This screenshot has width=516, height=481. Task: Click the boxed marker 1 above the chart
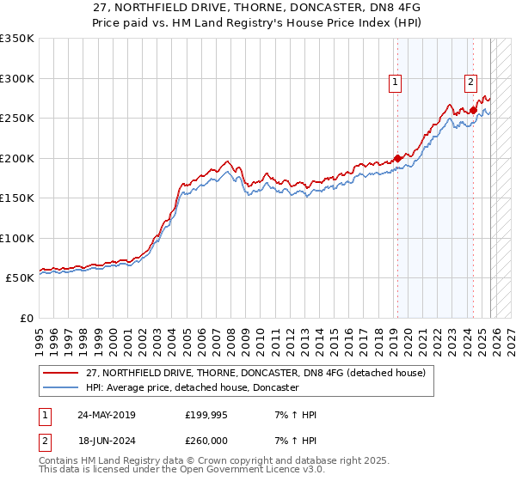tap(395, 82)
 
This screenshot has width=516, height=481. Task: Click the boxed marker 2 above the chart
tap(471, 82)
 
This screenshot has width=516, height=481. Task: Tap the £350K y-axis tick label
tap(17, 39)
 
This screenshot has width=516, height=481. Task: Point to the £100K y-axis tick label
tap(17, 238)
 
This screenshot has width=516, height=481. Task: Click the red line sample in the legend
tap(61, 374)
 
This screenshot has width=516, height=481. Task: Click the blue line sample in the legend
tap(61, 388)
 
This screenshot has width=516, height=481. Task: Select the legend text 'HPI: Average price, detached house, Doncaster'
tap(192, 388)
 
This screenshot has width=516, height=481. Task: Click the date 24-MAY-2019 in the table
tap(106, 415)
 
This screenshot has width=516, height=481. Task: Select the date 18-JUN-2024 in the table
tap(106, 441)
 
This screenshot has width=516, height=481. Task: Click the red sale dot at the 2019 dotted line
tap(397, 158)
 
